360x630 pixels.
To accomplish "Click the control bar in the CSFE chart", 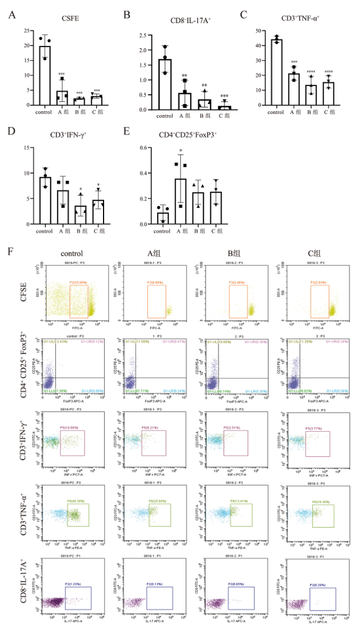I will [45, 75].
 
